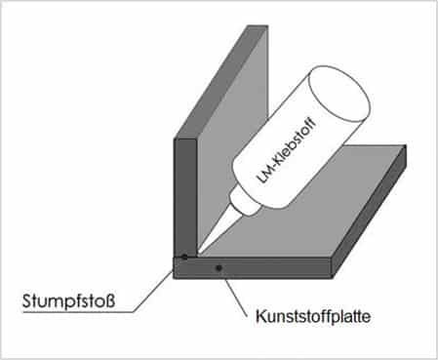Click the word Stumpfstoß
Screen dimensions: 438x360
click(68, 301)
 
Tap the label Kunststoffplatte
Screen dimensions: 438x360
click(313, 316)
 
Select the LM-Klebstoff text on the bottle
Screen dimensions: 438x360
click(287, 151)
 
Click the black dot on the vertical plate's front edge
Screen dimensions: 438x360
click(184, 257)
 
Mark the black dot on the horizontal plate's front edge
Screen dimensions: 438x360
click(219, 268)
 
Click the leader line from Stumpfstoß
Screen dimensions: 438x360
click(153, 291)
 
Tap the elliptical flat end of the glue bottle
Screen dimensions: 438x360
click(339, 94)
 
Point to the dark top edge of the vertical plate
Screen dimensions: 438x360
click(221, 82)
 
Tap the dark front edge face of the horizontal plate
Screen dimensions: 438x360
click(253, 267)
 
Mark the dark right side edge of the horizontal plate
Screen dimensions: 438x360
click(370, 212)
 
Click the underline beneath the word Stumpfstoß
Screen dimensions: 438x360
click(78, 312)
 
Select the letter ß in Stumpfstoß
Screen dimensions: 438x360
click(110, 300)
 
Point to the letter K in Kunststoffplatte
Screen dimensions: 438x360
click(260, 316)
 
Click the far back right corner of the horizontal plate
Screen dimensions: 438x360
click(406, 145)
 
